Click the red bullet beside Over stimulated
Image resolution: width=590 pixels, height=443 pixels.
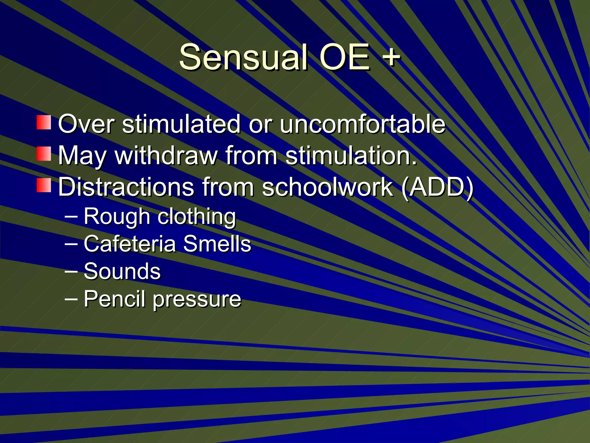pyautogui.click(x=44, y=122)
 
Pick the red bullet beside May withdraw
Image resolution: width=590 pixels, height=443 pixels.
pyautogui.click(x=44, y=154)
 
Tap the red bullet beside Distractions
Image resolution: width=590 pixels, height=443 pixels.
pyautogui.click(x=44, y=185)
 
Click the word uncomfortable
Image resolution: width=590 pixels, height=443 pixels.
pyautogui.click(x=362, y=124)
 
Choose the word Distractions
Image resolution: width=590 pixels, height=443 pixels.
pyautogui.click(x=126, y=187)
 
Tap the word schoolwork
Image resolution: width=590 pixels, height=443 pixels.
pyautogui.click(x=327, y=187)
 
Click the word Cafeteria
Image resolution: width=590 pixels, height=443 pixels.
pyautogui.click(x=130, y=244)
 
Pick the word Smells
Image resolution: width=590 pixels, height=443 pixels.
pyautogui.click(x=217, y=244)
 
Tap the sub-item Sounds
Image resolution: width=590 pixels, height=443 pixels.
pyautogui.click(x=122, y=271)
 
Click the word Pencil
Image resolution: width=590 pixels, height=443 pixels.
pyautogui.click(x=114, y=299)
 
